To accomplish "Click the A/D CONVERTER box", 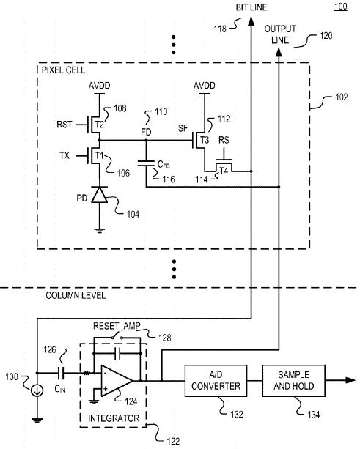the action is (x=216, y=381).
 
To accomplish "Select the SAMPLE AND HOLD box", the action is (x=293, y=381).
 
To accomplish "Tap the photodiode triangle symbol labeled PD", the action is (x=100, y=195).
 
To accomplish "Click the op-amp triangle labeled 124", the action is (x=117, y=381).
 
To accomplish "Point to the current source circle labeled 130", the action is (x=37, y=390).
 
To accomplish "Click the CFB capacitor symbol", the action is (x=146, y=163).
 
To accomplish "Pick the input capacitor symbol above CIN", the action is (x=61, y=373).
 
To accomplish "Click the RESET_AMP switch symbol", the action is (x=117, y=336).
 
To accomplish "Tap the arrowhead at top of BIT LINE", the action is (x=251, y=21).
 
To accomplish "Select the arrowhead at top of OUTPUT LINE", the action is (x=279, y=52).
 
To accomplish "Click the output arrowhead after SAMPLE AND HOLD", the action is (x=350, y=380).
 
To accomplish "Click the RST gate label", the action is (x=65, y=125).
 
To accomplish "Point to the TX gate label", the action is (x=65, y=155).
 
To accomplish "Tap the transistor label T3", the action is (x=205, y=140).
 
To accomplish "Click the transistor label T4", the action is (x=224, y=171).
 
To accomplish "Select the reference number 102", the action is (x=342, y=97).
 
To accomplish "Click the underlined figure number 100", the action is (x=341, y=7).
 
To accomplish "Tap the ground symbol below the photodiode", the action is (x=100, y=231).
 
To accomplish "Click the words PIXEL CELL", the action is (x=63, y=70).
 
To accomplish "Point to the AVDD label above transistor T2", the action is (x=100, y=86).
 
